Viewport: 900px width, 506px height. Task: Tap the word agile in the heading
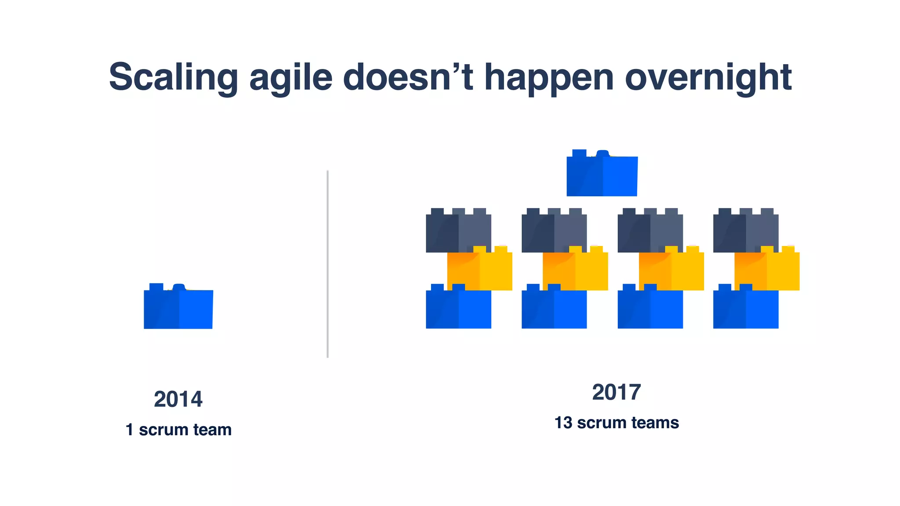[x=290, y=77]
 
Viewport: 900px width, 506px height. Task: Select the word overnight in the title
[x=708, y=77]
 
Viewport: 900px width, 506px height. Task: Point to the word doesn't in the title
[x=408, y=77]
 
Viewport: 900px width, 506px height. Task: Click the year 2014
[x=178, y=399]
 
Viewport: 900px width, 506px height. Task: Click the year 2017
[x=616, y=392]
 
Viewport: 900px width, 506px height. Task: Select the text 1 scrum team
[x=178, y=430]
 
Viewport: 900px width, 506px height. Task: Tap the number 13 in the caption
[x=563, y=423]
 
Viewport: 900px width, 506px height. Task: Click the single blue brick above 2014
[x=178, y=308]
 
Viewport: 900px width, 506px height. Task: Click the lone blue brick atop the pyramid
[x=602, y=175]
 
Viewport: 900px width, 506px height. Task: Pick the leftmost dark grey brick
[x=458, y=232]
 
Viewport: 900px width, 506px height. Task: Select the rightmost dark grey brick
[x=745, y=232]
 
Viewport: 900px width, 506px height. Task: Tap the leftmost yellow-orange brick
[x=480, y=270]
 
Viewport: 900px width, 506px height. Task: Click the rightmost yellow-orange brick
[x=767, y=270]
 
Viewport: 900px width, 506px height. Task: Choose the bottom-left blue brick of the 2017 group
[x=458, y=309]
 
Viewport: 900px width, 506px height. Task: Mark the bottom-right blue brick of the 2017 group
[x=745, y=309]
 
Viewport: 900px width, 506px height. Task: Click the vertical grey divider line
[x=327, y=264]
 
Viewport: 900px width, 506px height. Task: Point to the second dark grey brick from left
[x=554, y=232]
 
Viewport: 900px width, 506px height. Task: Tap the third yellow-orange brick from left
[x=671, y=270]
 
